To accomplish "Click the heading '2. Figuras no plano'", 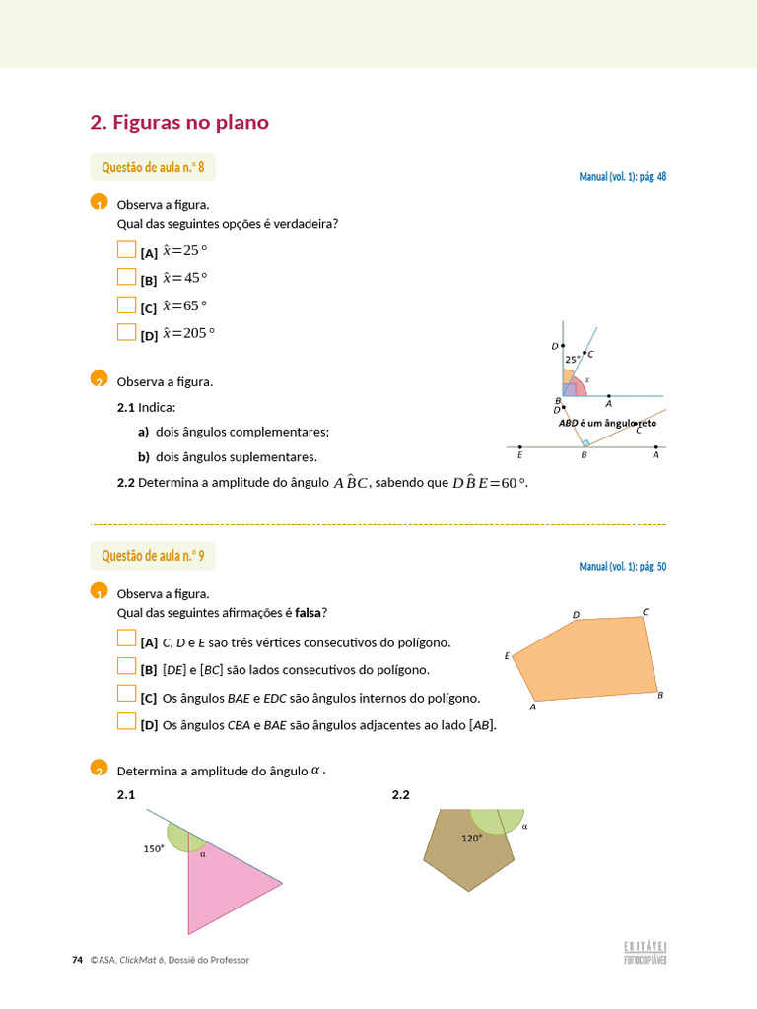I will pyautogui.click(x=179, y=123).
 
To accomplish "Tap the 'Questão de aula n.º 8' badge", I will pyautogui.click(x=153, y=168).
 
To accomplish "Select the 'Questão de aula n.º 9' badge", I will pyautogui.click(x=153, y=556).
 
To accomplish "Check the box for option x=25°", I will pyautogui.click(x=126, y=249).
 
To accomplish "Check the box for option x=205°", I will pyautogui.click(x=126, y=332).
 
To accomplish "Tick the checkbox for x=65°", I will pyautogui.click(x=126, y=304).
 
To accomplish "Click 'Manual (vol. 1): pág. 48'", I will pyautogui.click(x=622, y=177).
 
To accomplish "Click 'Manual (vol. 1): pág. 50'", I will pyautogui.click(x=622, y=567).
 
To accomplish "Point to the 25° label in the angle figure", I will pyautogui.click(x=572, y=360).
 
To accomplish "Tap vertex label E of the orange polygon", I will pyautogui.click(x=507, y=655).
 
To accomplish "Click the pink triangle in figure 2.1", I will pyautogui.click(x=227, y=887).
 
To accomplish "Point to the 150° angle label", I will pyautogui.click(x=154, y=847).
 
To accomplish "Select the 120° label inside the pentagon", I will pyautogui.click(x=471, y=839).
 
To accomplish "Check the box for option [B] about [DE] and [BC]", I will pyautogui.click(x=126, y=666).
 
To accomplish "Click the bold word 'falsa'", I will pyautogui.click(x=310, y=613).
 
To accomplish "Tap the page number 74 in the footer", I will pyautogui.click(x=78, y=960).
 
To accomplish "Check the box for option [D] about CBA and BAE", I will pyautogui.click(x=126, y=721).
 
